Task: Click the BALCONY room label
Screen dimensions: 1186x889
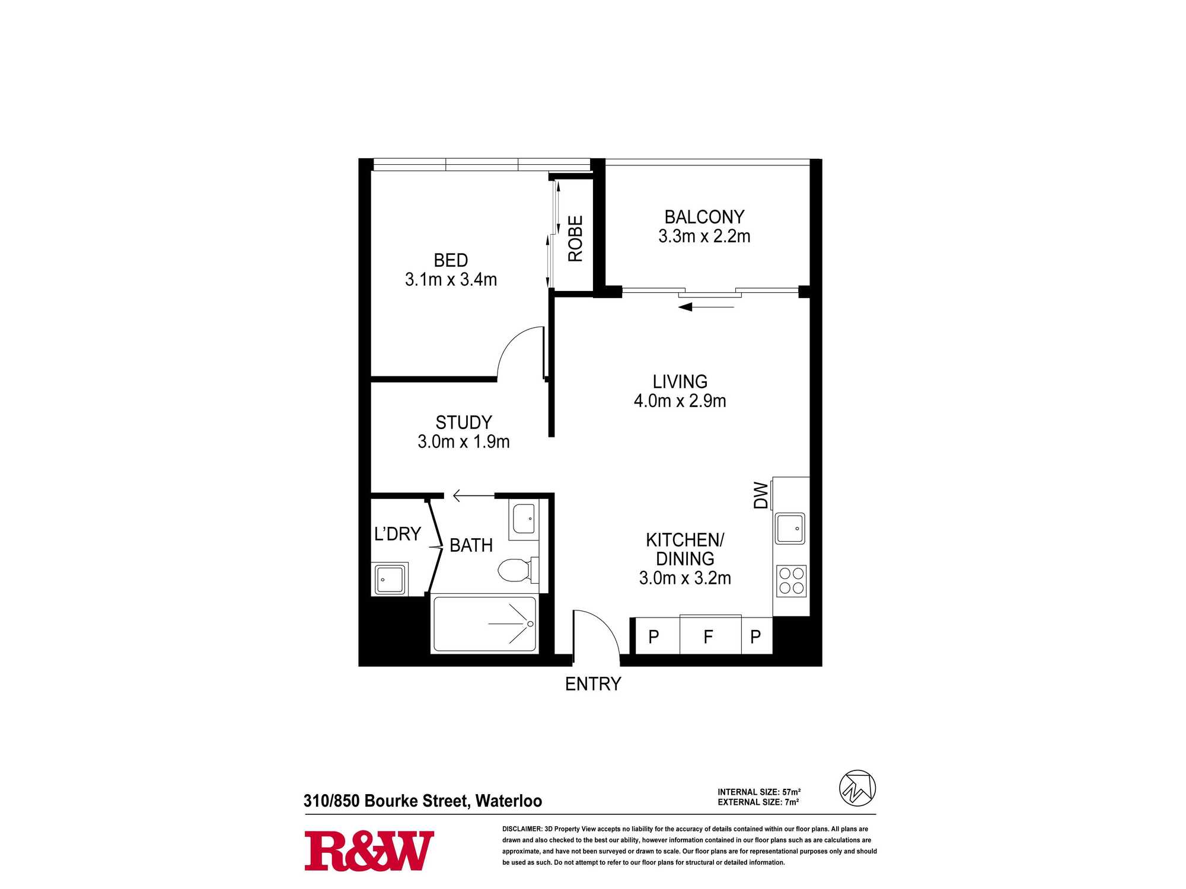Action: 704,217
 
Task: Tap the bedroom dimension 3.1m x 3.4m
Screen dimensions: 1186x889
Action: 451,279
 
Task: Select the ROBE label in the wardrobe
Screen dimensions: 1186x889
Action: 575,238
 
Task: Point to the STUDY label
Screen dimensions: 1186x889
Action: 464,423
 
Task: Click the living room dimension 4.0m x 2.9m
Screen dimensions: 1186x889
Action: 680,401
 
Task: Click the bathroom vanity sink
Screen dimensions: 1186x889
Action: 524,519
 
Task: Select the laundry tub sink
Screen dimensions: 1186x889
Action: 390,579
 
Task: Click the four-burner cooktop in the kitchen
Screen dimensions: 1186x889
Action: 791,581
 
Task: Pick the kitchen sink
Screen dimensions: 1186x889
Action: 790,529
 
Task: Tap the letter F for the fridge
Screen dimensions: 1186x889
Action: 708,637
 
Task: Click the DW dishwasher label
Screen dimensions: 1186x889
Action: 761,495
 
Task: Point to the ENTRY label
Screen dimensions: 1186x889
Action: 593,684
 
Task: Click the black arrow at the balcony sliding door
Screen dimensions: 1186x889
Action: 706,307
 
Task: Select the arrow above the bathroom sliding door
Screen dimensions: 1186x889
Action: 473,495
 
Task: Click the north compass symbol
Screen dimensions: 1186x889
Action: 857,788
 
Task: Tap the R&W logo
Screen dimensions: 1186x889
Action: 369,851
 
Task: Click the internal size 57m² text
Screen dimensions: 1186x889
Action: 759,792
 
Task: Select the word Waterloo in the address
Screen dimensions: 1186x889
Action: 509,801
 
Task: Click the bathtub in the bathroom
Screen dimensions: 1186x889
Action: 485,624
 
